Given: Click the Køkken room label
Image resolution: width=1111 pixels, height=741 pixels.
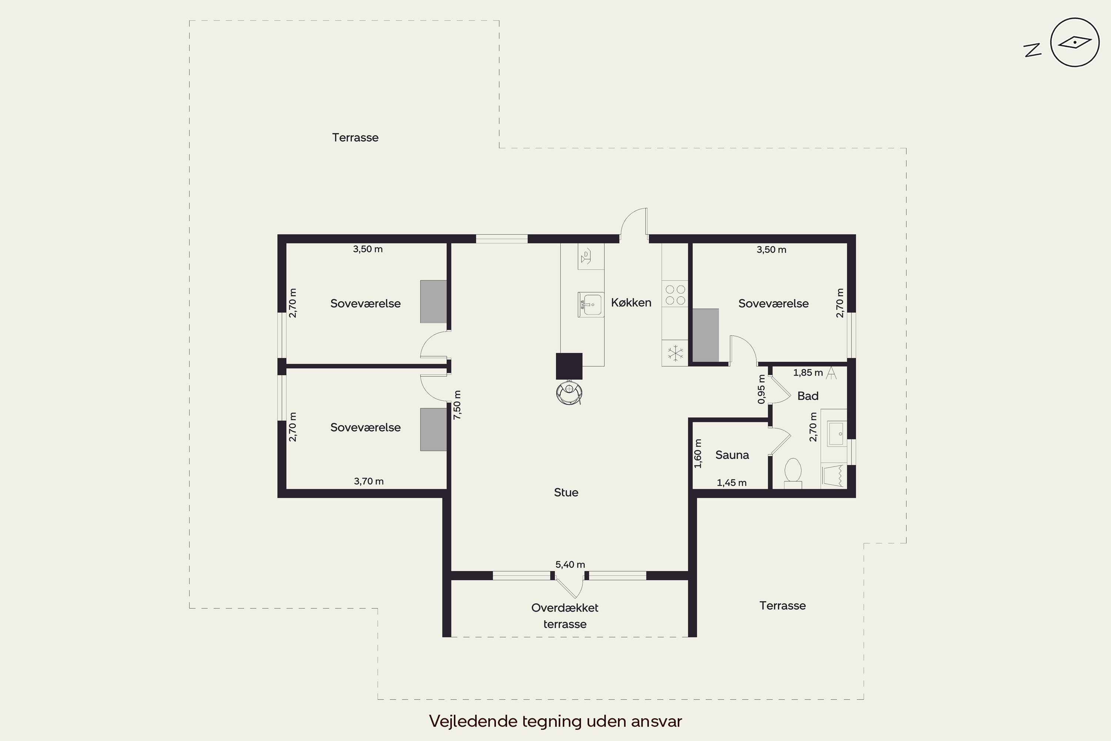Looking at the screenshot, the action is tap(631, 302).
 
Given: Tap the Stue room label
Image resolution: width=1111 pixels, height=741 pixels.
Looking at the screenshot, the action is tap(566, 492).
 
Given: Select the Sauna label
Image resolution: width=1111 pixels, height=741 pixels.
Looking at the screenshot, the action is tap(732, 455).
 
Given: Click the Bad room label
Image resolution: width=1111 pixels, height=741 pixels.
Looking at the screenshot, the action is tap(808, 396).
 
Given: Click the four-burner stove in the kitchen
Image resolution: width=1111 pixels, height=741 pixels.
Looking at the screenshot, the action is tap(675, 295).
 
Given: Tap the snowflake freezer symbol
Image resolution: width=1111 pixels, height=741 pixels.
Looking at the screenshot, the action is tap(675, 353).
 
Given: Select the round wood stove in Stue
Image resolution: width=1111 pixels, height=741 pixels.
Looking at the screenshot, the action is tap(569, 392).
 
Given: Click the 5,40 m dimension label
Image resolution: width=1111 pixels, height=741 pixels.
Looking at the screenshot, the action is tap(570, 565).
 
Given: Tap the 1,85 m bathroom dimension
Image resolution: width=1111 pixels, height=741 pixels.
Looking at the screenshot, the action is tap(808, 373).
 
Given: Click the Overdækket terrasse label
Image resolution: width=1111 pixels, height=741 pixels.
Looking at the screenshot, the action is tap(565, 616).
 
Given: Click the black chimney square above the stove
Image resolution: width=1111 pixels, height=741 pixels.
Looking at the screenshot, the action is tap(569, 366).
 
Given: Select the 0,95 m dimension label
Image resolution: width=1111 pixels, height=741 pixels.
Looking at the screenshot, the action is tap(761, 389).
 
